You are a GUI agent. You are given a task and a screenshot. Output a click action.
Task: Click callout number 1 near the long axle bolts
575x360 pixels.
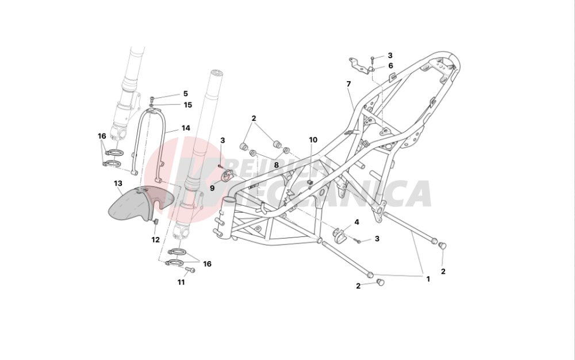[x=427, y=279]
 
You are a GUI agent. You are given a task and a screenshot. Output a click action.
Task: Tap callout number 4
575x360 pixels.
[x=356, y=221]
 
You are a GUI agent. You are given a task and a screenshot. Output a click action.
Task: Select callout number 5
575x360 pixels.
[x=185, y=93]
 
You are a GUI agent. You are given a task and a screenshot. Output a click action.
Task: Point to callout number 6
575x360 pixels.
[x=390, y=66]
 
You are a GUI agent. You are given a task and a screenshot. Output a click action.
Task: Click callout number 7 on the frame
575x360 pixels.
[x=348, y=84]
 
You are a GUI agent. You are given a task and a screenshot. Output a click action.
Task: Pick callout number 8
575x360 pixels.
[x=276, y=164]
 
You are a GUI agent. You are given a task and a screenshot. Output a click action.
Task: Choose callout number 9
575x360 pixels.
[x=212, y=187]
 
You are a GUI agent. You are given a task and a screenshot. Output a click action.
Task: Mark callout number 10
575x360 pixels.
[x=313, y=140]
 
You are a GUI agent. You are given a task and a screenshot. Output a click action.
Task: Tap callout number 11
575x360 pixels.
[x=181, y=282]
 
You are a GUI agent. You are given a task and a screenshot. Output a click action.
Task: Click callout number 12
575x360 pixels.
[x=155, y=240]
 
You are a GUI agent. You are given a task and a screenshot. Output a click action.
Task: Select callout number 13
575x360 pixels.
[x=118, y=183]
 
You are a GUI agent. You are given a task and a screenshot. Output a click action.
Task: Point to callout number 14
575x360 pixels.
[x=186, y=128]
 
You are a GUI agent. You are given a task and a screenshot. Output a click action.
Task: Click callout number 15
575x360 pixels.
[x=187, y=105]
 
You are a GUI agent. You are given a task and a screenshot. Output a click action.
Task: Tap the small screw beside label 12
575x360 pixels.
[x=155, y=221]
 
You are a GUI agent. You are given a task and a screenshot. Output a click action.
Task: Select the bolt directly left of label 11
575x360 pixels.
[x=192, y=270]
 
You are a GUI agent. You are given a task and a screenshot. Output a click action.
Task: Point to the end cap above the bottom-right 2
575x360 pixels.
[x=443, y=246]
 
